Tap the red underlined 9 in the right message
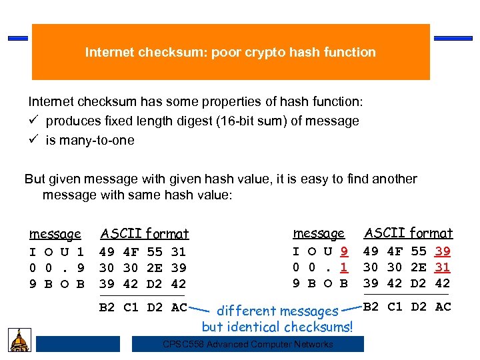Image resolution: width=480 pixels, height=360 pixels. (x=344, y=251)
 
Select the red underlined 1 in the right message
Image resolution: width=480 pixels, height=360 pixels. (x=344, y=267)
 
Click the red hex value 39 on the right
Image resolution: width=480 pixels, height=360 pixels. (x=442, y=251)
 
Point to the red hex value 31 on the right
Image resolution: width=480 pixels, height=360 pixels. (x=442, y=267)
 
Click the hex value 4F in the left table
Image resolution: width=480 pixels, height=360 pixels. (x=131, y=252)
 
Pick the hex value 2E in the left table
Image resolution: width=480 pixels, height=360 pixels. (x=155, y=268)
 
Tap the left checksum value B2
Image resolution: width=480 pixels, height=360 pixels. (x=106, y=307)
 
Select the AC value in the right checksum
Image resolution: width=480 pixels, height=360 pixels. (x=443, y=307)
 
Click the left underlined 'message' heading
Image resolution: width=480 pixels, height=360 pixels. (x=55, y=234)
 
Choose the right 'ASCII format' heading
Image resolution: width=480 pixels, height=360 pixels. (x=408, y=233)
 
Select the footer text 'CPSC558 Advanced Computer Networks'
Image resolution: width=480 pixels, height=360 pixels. (x=247, y=344)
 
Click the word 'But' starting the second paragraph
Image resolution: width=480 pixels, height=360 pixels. (x=35, y=179)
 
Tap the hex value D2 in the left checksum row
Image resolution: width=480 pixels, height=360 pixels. (x=155, y=307)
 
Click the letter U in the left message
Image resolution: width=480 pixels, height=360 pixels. (x=65, y=252)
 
